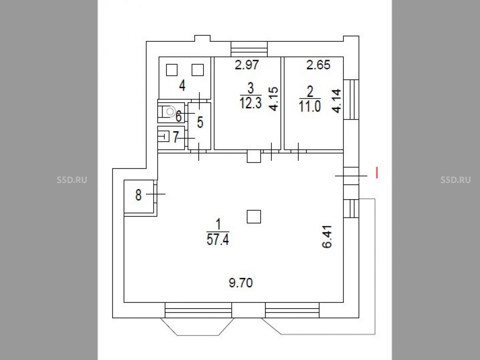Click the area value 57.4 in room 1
pyautogui.click(x=217, y=239)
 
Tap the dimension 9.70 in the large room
pyautogui.click(x=241, y=283)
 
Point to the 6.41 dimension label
pyautogui.click(x=327, y=237)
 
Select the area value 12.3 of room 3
pyautogui.click(x=251, y=103)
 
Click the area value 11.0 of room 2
pyautogui.click(x=310, y=107)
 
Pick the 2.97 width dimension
pyautogui.click(x=247, y=65)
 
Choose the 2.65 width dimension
pyautogui.click(x=318, y=65)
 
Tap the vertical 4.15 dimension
pyautogui.click(x=274, y=98)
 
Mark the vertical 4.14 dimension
pyautogui.click(x=336, y=101)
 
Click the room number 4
pyautogui.click(x=182, y=85)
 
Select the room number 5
pyautogui.click(x=200, y=122)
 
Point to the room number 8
pyautogui.click(x=138, y=195)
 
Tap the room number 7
pyautogui.click(x=176, y=137)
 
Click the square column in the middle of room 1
pyautogui.click(x=254, y=216)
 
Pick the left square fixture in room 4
pyautogui.click(x=172, y=70)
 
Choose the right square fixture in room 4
pyautogui.click(x=198, y=70)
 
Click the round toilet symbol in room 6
pyautogui.click(x=170, y=112)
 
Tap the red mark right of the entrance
pyautogui.click(x=377, y=173)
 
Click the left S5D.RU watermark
pyautogui.click(x=72, y=180)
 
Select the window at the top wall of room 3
pyautogui.click(x=249, y=49)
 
